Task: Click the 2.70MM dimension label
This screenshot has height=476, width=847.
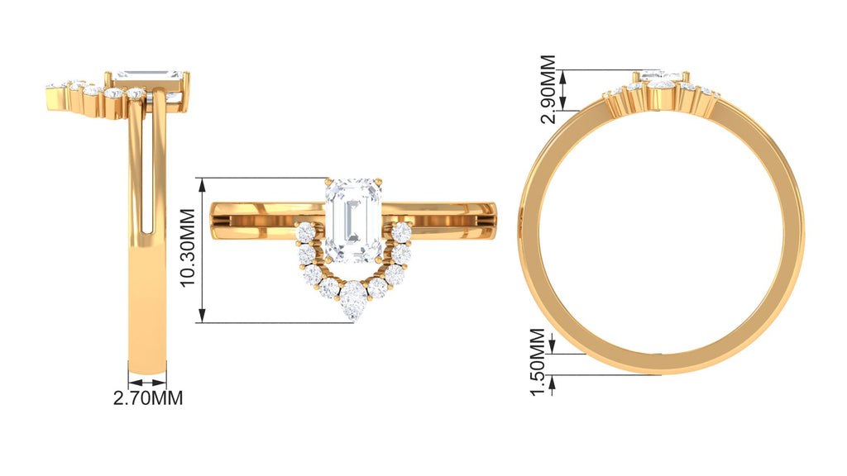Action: coord(148,398)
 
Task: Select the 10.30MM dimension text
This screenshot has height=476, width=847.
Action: coord(188,248)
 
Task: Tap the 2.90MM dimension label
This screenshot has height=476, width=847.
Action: coord(548,89)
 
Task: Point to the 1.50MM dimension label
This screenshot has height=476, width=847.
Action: coord(538,362)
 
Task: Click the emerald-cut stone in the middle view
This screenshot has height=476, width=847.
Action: coord(354,221)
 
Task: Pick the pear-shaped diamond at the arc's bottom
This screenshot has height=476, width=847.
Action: coord(353,300)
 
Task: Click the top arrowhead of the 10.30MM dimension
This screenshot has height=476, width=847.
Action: coord(203,186)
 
